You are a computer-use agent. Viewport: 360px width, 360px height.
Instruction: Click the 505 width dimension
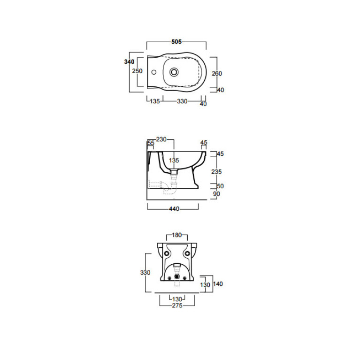coord(176,42)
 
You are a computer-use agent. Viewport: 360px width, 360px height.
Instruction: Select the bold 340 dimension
coord(129,61)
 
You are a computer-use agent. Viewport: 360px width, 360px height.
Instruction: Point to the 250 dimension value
coord(138,71)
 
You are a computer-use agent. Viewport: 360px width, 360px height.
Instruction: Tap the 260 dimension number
coord(217,74)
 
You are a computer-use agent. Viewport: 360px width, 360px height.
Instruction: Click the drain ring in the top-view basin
coord(174,72)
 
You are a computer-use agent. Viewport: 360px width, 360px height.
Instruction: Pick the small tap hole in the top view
coord(154,72)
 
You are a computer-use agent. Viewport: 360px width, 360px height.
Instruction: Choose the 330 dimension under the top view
coord(182,101)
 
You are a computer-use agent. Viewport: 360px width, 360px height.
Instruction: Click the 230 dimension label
coord(161,139)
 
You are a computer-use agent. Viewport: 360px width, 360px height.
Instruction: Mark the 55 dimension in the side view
coord(151,143)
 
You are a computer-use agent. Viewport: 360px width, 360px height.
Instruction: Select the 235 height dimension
coord(216,171)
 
